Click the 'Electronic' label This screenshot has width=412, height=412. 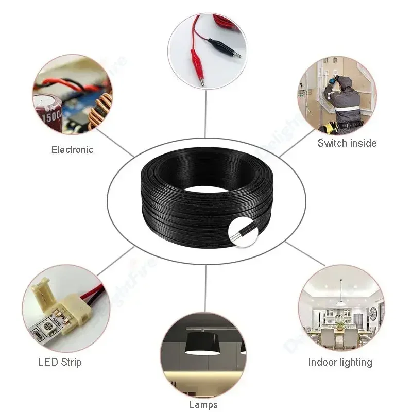(72, 150)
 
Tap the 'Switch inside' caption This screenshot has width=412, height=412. (347, 143)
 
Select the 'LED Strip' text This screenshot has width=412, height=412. (60, 362)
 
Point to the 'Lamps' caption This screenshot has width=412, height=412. (203, 405)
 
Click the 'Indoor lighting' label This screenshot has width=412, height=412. (340, 362)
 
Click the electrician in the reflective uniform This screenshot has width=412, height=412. (343, 100)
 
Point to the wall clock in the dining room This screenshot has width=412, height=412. (373, 312)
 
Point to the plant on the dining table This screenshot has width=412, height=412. (340, 323)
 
